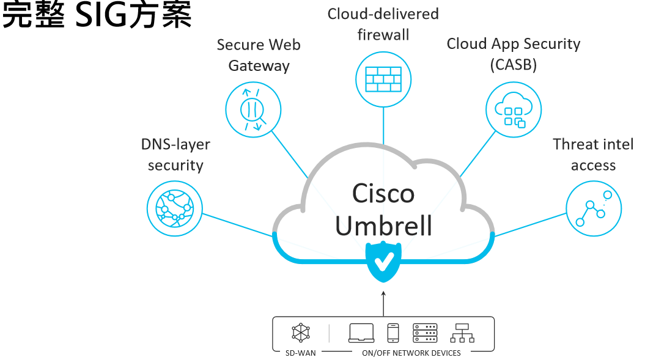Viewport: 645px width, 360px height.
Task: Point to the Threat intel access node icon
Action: point(593,208)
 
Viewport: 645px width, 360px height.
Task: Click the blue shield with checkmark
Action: point(383,262)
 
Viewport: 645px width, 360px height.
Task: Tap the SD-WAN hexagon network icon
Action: point(300,332)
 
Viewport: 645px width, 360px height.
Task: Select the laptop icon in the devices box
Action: point(361,333)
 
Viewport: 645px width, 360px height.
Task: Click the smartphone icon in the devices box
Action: point(393,333)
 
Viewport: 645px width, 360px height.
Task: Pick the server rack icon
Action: point(426,333)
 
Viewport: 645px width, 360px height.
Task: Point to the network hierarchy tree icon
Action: point(462,333)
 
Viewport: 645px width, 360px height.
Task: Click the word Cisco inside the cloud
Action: point(383,194)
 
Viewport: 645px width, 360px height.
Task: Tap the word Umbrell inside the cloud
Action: point(383,226)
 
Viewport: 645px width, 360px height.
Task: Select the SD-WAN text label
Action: point(300,353)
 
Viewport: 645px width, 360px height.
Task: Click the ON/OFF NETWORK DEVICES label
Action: point(411,353)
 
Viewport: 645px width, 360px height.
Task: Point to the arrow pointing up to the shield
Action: point(383,303)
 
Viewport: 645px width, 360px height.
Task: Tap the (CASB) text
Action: point(513,65)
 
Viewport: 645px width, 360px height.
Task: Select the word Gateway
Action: point(259,66)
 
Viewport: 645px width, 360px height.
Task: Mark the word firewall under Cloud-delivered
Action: point(383,35)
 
